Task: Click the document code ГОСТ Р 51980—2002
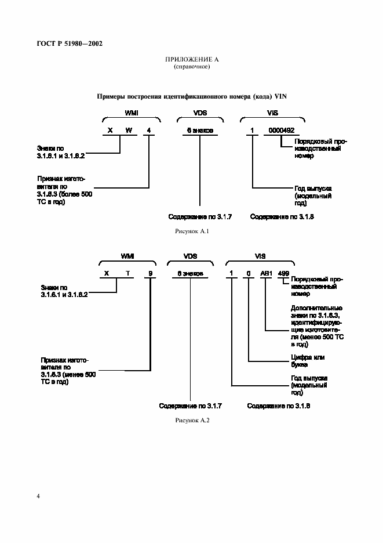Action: (x=65, y=44)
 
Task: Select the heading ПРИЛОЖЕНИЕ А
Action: (x=192, y=60)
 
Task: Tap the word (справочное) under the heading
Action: (x=192, y=67)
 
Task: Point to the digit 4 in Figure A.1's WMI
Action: (x=149, y=130)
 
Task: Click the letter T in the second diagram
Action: (x=126, y=273)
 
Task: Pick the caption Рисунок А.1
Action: (x=191, y=231)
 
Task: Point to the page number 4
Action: (x=38, y=497)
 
